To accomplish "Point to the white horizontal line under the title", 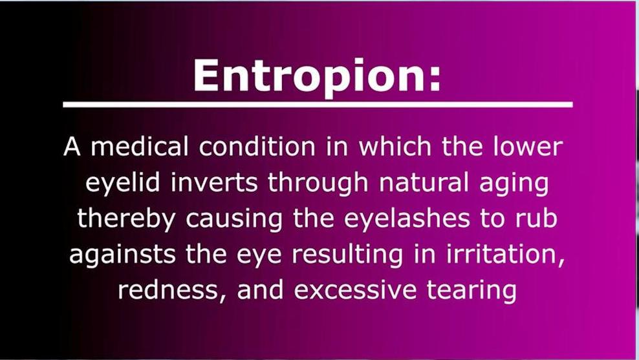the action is click(x=318, y=105).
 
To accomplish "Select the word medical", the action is click(x=140, y=146).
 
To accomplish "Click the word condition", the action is click(x=257, y=146).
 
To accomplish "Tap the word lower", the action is click(x=528, y=146).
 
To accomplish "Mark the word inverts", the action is click(x=214, y=182).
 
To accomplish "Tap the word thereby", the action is click(x=126, y=219).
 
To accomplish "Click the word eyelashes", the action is click(x=407, y=219).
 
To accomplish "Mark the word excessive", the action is click(x=355, y=290).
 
